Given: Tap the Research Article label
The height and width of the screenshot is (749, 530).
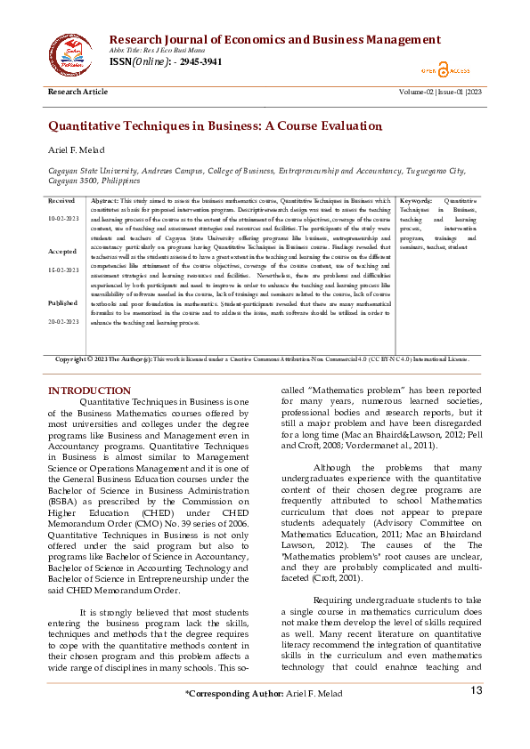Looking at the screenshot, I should point(77,93).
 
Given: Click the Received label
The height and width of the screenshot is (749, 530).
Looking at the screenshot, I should point(61,201).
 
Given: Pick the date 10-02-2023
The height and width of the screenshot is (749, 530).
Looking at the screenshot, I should point(63,218).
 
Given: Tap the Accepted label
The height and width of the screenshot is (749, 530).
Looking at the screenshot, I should point(62,252).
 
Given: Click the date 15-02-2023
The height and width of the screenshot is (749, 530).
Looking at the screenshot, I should point(63,269).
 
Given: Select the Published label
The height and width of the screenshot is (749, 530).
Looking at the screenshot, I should point(63,302).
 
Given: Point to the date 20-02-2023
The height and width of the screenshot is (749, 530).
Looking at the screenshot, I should point(63,320).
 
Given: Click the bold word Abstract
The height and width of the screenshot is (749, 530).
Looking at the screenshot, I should point(104,201).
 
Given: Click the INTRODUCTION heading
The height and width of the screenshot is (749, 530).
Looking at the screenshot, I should point(89,391).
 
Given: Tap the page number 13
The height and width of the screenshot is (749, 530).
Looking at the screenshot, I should point(477,715).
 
